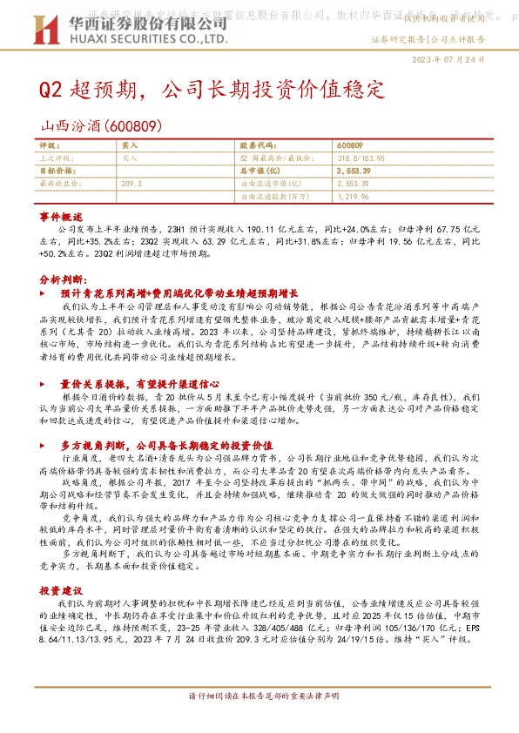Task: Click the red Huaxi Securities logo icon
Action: click(x=44, y=30)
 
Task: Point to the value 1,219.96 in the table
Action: click(x=353, y=197)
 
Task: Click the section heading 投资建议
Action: click(x=61, y=590)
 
